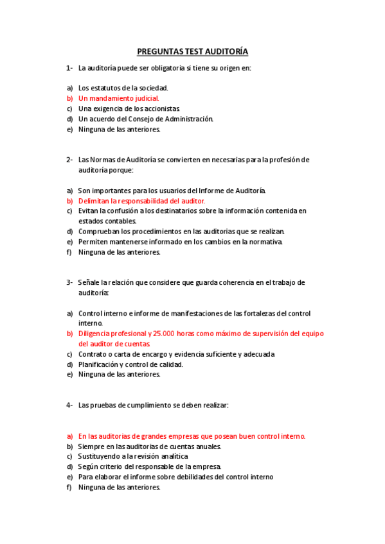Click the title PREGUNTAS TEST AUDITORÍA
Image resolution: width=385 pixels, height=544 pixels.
click(192, 51)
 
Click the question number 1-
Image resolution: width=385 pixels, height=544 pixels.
click(69, 67)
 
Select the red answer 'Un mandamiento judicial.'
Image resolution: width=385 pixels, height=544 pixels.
click(118, 99)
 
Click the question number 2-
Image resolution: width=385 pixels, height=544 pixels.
click(69, 159)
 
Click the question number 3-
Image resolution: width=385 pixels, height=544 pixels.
click(69, 282)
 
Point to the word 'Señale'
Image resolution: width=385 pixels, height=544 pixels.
click(89, 282)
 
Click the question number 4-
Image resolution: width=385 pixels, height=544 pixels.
click(69, 405)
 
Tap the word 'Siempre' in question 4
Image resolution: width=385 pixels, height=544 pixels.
click(91, 446)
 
